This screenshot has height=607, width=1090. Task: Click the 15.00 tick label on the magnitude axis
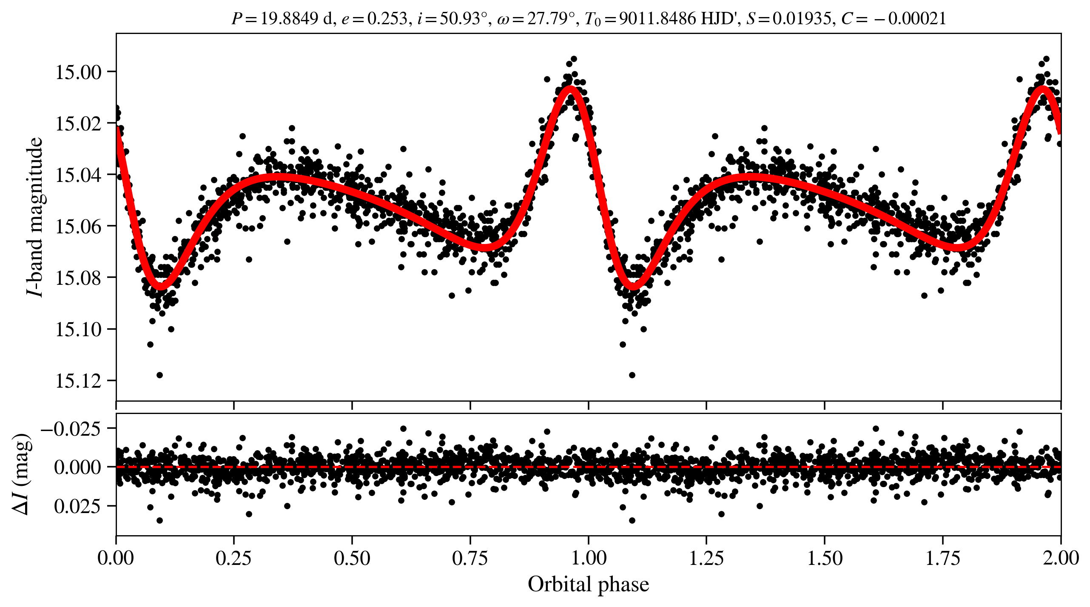[x=78, y=72]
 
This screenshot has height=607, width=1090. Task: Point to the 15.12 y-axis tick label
[x=78, y=381]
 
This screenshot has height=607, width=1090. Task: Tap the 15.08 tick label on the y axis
[x=78, y=278]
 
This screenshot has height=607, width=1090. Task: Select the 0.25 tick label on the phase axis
[x=233, y=558]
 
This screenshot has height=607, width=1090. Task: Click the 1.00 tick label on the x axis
[x=588, y=558]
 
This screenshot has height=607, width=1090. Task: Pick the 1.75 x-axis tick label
[x=942, y=558]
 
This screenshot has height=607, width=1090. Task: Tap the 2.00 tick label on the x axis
[x=1060, y=558]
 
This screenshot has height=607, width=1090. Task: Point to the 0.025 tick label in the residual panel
[x=77, y=506]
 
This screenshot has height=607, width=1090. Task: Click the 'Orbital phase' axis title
[x=588, y=584]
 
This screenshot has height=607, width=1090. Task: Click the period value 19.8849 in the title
[x=289, y=19]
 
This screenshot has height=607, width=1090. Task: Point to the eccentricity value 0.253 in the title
[x=387, y=19]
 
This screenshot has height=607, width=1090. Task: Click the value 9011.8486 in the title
[x=657, y=19]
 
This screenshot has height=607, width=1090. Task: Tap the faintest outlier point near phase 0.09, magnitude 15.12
[x=160, y=375]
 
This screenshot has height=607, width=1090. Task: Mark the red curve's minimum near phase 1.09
[x=633, y=287]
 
